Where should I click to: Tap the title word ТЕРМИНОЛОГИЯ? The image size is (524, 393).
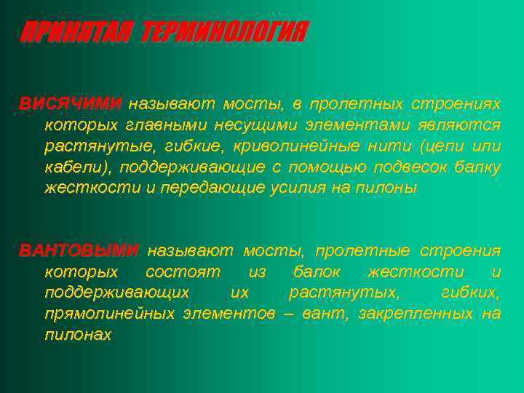click(x=225, y=33)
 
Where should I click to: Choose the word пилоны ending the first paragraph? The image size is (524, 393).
click(x=393, y=188)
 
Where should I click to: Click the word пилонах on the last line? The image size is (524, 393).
click(x=78, y=336)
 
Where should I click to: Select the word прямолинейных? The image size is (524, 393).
click(x=109, y=314)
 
